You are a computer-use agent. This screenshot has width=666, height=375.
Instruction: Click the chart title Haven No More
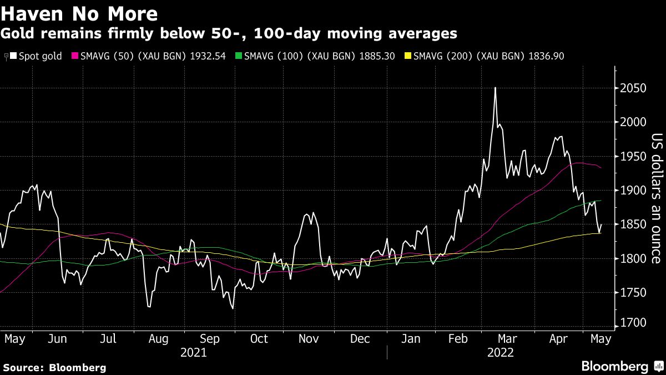[79, 13]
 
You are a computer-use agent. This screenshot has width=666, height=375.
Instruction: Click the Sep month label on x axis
[209, 339]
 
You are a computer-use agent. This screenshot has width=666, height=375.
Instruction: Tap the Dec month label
[360, 339]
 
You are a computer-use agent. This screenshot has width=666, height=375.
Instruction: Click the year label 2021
[194, 353]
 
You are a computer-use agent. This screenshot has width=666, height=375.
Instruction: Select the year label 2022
[500, 353]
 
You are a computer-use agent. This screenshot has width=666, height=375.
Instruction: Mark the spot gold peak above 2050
[495, 88]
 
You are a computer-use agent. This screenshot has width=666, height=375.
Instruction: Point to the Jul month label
[109, 339]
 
